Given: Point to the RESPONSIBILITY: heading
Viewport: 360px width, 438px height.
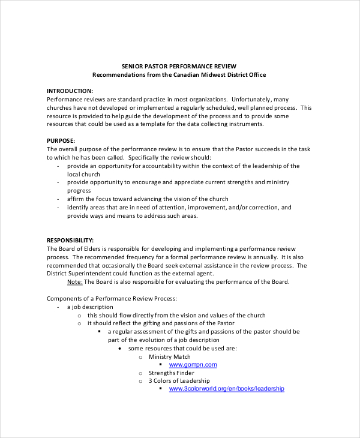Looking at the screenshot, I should click(x=70, y=239).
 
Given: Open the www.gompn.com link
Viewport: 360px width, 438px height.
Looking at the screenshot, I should click(x=193, y=364).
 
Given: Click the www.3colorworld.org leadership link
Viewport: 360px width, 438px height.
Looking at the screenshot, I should click(x=226, y=389).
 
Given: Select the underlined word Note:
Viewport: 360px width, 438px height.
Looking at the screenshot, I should click(x=74, y=282).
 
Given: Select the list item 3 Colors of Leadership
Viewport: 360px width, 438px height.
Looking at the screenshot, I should click(x=179, y=381).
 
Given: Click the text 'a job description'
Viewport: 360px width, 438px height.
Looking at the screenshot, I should click(x=90, y=307).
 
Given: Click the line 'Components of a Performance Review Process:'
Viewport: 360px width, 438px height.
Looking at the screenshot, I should click(x=111, y=298).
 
